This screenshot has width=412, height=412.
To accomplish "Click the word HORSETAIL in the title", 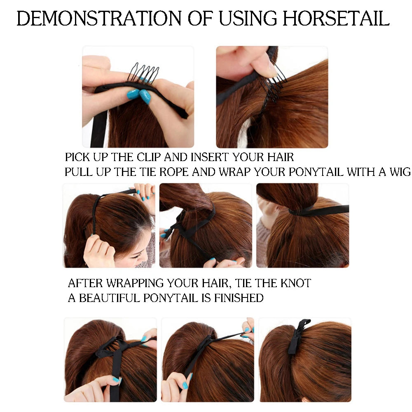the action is point(336,19).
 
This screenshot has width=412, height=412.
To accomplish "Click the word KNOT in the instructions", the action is point(295,283).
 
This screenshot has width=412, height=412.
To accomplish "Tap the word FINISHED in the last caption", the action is point(239,298).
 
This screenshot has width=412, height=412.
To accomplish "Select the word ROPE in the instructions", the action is point(174,172).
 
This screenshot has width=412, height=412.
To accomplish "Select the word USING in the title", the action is point(248,19).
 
